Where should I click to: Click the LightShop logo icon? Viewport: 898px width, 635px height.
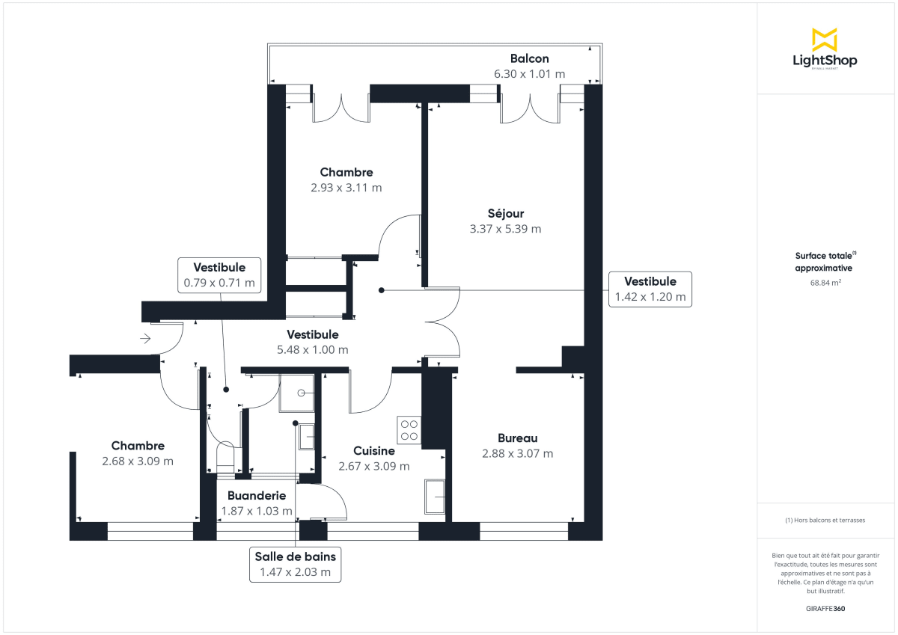coord(825,40)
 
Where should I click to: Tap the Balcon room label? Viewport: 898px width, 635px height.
coord(529,58)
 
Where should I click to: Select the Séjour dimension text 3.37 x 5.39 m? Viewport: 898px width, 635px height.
coord(505,229)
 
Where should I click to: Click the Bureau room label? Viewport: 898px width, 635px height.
coord(518,438)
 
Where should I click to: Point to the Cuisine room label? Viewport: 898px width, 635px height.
coord(373,451)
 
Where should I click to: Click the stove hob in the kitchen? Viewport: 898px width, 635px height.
coord(409,429)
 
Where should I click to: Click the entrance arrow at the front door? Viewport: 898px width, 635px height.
coord(145,339)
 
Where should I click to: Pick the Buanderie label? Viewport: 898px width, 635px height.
coord(257,495)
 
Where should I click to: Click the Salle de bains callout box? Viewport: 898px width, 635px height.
coord(296,564)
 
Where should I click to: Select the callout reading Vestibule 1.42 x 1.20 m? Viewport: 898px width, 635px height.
coord(650,289)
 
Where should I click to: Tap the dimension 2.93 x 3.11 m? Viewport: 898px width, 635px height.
coord(346,188)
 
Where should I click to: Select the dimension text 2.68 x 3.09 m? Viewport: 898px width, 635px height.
coord(138,461)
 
